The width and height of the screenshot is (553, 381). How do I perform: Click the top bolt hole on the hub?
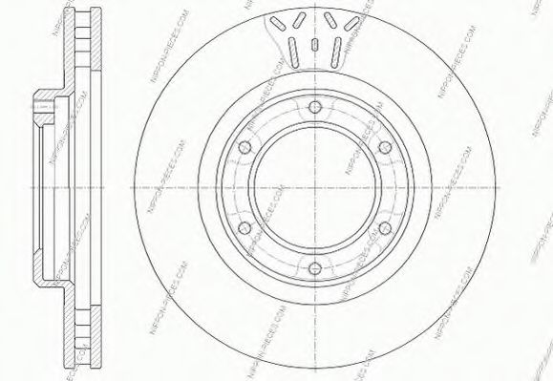[x=314, y=105]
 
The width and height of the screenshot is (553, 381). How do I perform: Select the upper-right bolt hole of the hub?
[x=386, y=146]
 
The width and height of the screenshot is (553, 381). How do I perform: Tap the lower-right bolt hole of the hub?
[x=386, y=227]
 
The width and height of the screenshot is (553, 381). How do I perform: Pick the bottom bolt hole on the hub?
[x=314, y=268]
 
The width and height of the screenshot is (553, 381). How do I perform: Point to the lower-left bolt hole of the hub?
[x=244, y=227]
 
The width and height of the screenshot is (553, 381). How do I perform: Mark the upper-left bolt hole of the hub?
[x=244, y=146]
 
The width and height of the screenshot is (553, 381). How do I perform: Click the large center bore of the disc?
[x=314, y=187]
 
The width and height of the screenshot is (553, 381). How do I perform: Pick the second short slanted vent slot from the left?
[x=300, y=19]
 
